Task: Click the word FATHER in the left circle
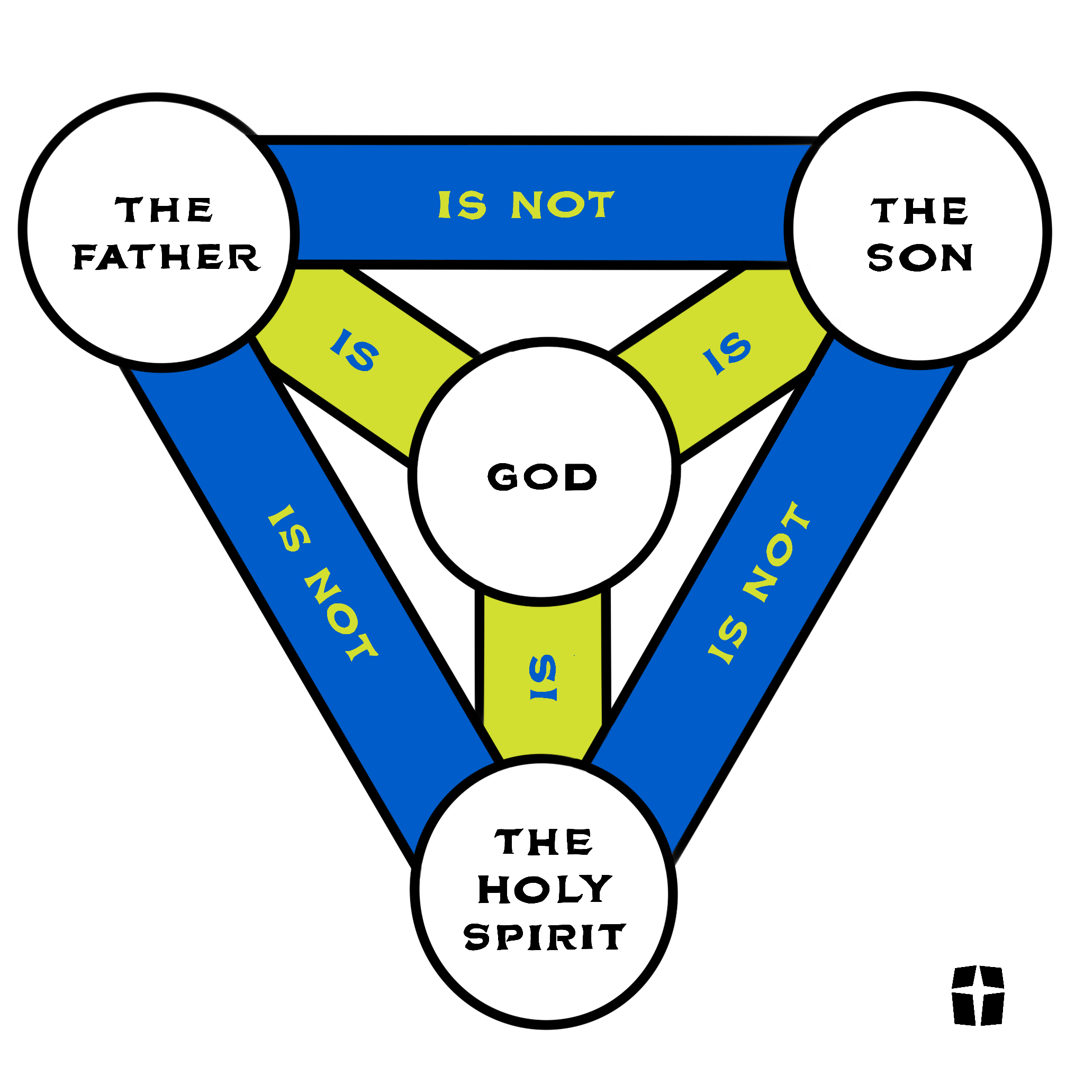tap(167, 258)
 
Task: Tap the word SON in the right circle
tap(919, 258)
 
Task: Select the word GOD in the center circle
tap(542, 477)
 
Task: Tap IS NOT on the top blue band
tap(526, 204)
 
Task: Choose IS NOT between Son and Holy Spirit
tap(759, 583)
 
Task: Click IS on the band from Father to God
tap(355, 350)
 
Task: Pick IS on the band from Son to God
tap(727, 353)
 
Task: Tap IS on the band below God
tap(543, 677)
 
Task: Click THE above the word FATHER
tap(164, 209)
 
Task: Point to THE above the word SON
tap(919, 211)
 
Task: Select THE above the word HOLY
tap(543, 842)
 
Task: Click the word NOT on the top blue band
tap(563, 204)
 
